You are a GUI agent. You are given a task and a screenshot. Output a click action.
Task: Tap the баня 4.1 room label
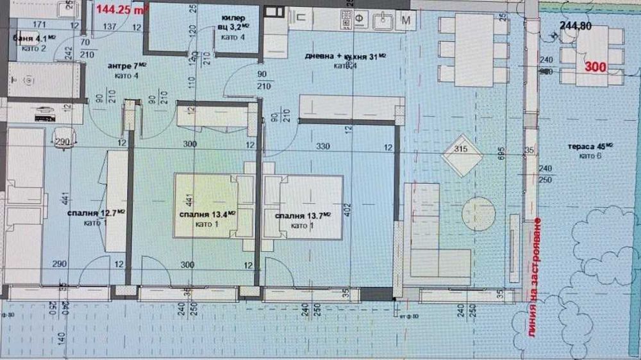point(29,38)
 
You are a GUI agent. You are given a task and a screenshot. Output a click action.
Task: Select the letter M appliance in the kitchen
point(406,20)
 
